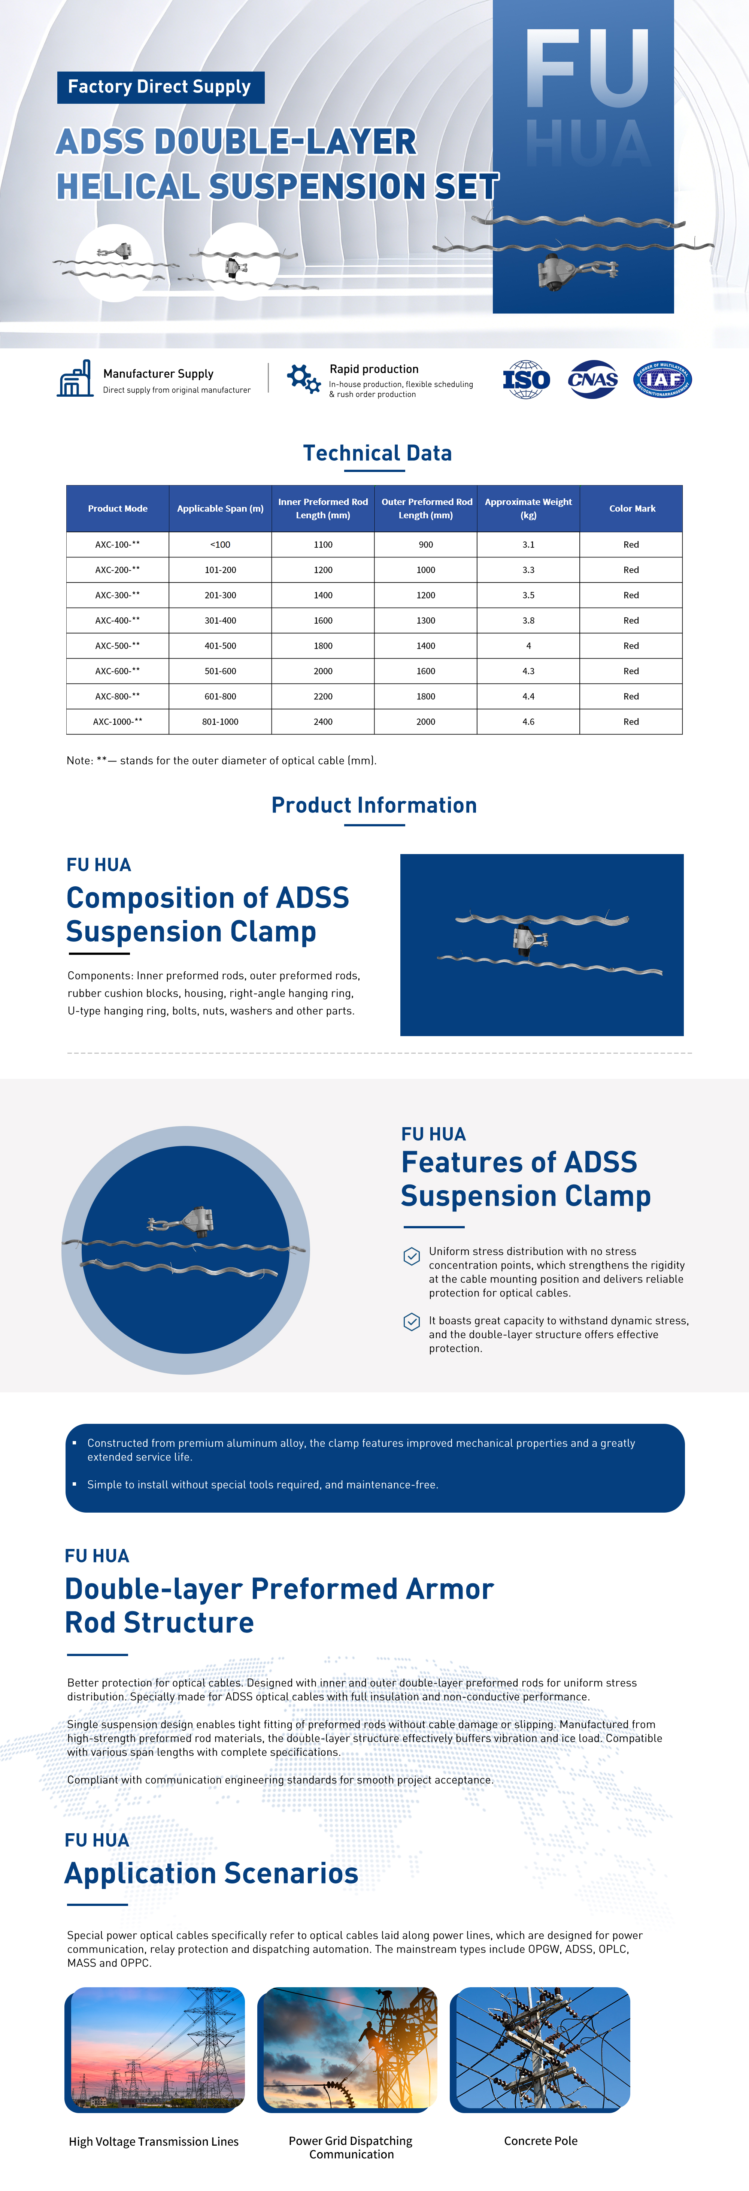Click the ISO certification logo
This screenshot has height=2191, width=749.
tap(526, 379)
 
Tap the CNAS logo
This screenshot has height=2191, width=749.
tap(592, 379)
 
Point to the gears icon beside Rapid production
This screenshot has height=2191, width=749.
tap(303, 378)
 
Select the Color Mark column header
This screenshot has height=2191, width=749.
tap(632, 509)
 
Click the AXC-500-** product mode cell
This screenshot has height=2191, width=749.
tap(117, 645)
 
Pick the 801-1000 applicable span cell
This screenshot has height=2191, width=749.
tap(220, 721)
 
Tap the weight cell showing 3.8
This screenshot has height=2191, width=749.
tap(528, 620)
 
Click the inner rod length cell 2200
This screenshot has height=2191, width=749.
tap(323, 696)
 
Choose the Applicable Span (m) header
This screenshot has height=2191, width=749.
tap(220, 509)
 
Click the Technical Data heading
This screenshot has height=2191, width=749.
tap(377, 453)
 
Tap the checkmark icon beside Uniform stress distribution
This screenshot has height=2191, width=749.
tap(412, 1255)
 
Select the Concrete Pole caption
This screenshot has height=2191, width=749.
tap(541, 2141)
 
